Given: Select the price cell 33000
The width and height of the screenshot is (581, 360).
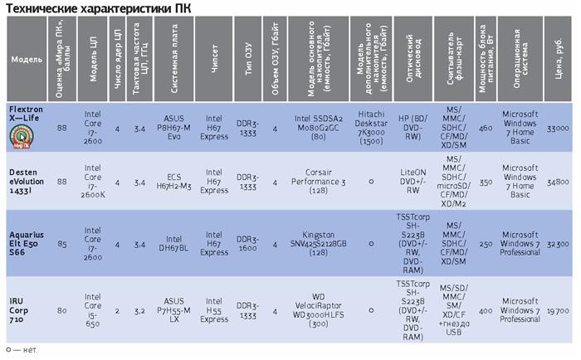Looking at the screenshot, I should (x=558, y=129).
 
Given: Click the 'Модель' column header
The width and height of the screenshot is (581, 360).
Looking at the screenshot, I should (x=22, y=60).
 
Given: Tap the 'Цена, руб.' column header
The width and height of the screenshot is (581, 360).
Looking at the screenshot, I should (x=558, y=60).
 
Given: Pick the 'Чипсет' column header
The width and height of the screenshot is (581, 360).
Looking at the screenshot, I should (x=215, y=60).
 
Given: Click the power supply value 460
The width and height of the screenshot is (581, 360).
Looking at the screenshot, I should (x=486, y=129).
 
